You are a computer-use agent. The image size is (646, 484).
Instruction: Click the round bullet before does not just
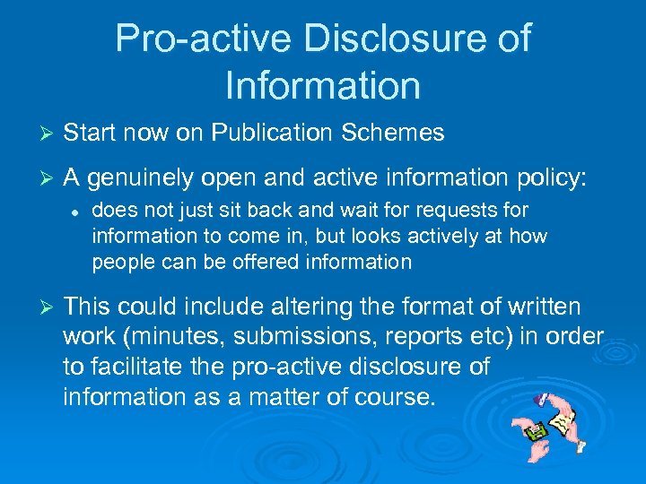click(77, 212)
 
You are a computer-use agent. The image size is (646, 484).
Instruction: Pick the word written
click(546, 307)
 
